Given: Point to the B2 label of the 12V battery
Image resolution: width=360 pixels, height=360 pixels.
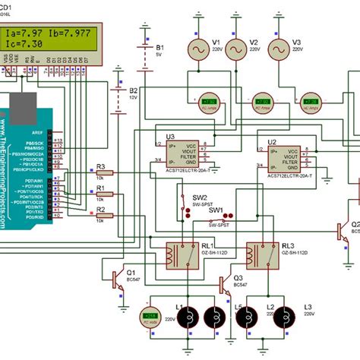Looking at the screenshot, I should tap(134, 90).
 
